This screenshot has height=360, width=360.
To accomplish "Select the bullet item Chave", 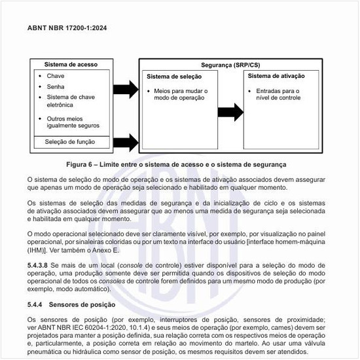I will (x=56, y=76).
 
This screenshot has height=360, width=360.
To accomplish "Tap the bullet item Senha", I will (x=56, y=86).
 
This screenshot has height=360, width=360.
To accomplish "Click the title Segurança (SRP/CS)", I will (x=230, y=66).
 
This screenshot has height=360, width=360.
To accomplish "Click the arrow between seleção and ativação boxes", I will (x=229, y=112).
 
